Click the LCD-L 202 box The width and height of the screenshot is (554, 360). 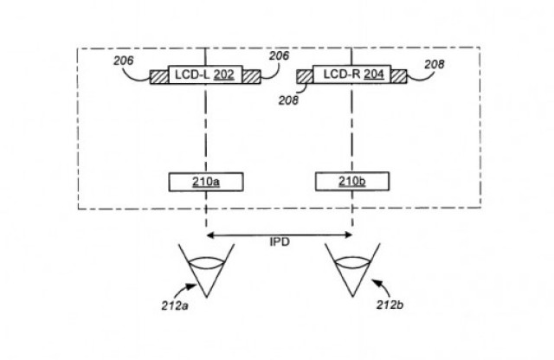point(205,74)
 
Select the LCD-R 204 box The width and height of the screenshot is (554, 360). point(352,74)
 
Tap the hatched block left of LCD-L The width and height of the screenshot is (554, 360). point(159,77)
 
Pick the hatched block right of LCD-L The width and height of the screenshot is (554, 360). point(252,77)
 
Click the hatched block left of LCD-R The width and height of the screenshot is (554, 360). point(305,77)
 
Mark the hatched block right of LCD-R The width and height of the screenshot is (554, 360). point(399,76)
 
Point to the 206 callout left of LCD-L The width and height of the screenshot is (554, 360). point(124,61)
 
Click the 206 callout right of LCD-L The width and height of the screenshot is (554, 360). point(279,56)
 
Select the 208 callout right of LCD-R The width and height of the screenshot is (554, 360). point(435,64)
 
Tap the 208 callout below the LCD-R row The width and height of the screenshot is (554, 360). point(288,100)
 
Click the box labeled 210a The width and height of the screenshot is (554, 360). point(206,182)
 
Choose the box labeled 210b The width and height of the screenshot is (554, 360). point(352,181)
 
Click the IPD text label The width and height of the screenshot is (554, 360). point(280,242)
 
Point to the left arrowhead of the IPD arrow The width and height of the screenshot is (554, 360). point(209,235)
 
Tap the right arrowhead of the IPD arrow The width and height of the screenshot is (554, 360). point(349,235)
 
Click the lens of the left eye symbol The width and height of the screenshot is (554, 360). point(206,262)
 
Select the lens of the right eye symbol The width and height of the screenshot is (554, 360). point(352,263)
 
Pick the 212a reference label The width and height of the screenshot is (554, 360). point(175,305)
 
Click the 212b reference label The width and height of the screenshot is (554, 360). point(390,305)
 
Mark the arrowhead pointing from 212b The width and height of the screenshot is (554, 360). point(377,282)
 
